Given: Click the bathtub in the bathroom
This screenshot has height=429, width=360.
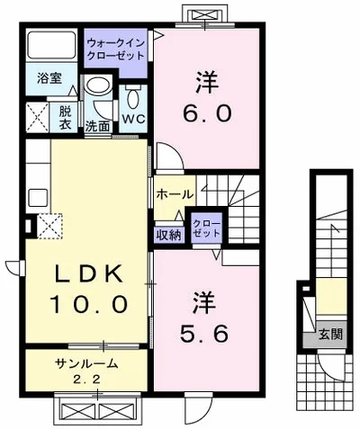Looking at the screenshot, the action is click(x=51, y=45).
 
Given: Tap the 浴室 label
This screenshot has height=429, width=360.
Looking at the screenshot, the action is click(x=49, y=78).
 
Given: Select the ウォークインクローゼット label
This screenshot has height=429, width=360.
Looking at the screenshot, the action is click(x=115, y=49).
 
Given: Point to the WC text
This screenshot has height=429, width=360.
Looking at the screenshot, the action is click(x=133, y=119).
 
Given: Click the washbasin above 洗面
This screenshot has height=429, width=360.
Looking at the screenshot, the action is click(x=98, y=85).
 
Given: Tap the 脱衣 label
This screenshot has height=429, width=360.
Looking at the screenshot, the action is click(x=65, y=118).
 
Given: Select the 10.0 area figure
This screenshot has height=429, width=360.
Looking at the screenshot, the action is click(x=88, y=304).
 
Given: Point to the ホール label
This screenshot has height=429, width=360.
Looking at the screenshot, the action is click(x=175, y=194).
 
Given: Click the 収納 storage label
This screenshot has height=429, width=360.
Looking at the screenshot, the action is click(x=169, y=236).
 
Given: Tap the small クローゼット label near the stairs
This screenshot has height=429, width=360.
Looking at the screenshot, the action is click(x=207, y=228).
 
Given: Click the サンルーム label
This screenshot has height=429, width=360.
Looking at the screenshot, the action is click(x=85, y=363).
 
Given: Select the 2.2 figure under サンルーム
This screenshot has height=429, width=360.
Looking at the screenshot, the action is click(x=86, y=380).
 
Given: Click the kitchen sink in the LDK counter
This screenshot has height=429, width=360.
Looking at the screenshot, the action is click(x=38, y=198).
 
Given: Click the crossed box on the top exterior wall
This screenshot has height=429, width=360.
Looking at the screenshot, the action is click(x=204, y=14).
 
